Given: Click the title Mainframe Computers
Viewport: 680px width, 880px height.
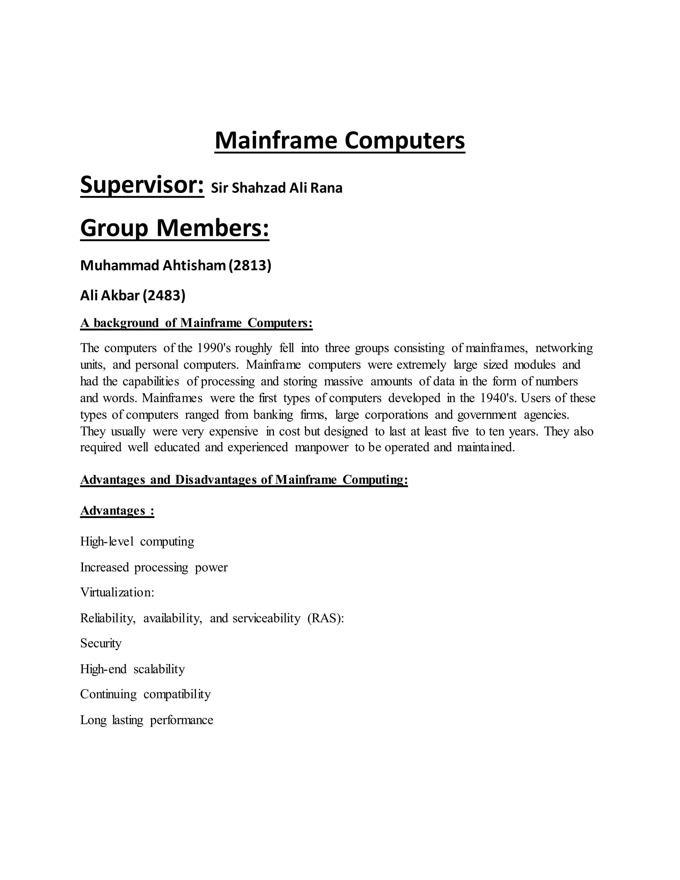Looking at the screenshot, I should click(340, 140).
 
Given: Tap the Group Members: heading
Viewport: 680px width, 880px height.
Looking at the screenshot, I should click(174, 228).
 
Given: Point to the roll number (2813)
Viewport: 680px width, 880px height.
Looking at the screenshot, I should click(250, 266).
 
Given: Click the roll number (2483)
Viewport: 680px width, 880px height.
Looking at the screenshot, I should click(164, 296).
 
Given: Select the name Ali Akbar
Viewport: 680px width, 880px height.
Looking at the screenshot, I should click(110, 296).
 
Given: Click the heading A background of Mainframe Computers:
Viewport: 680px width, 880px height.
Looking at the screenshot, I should click(196, 323).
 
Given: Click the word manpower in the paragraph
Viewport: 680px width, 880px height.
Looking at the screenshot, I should click(321, 447).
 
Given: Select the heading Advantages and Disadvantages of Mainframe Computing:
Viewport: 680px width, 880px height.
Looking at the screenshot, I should click(244, 480).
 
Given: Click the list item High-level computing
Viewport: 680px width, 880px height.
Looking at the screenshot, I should click(137, 542).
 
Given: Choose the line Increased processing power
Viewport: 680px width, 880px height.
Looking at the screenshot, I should click(153, 567).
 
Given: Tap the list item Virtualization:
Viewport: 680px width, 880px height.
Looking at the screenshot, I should click(117, 592).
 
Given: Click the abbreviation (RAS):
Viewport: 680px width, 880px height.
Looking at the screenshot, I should click(325, 618).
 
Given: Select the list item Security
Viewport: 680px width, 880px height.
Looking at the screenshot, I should click(101, 643).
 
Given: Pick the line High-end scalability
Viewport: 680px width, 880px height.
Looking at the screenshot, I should click(132, 669).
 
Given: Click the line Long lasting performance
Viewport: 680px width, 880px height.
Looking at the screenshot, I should click(146, 720).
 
